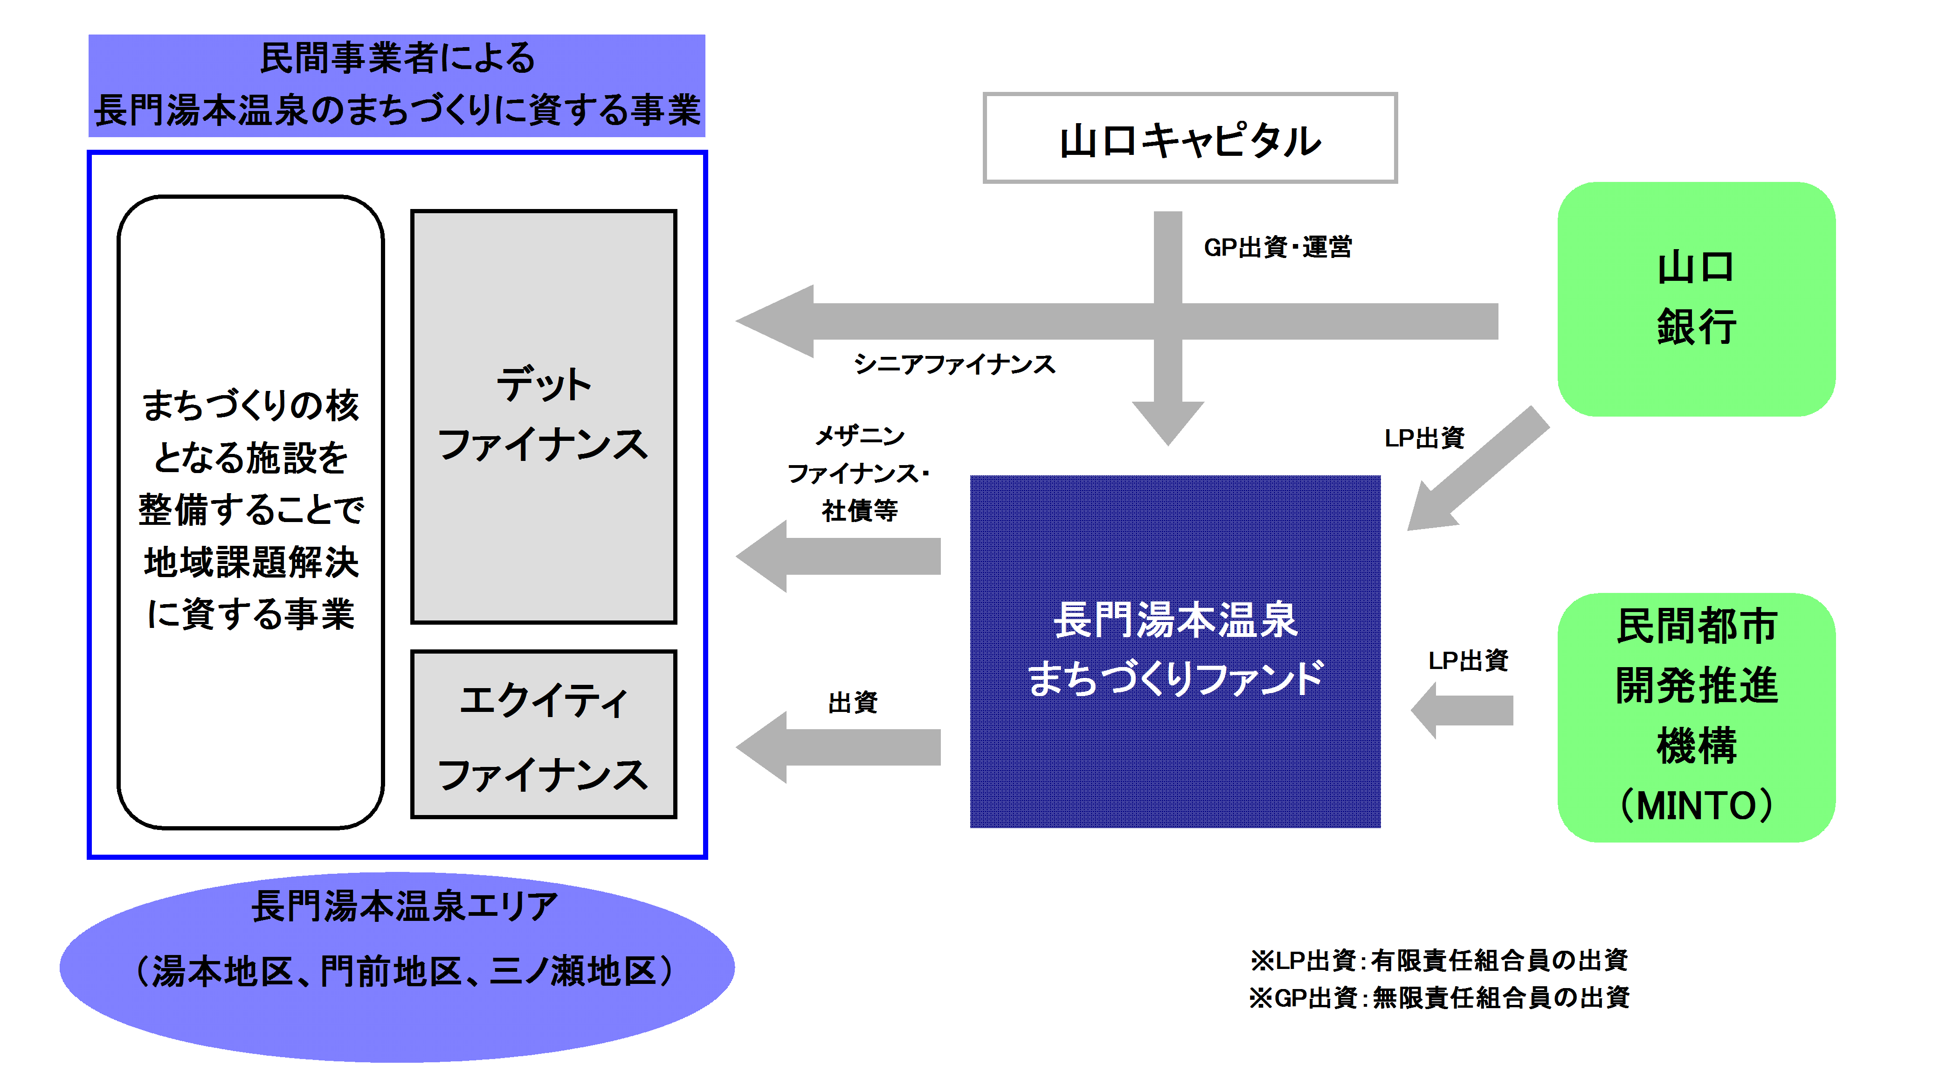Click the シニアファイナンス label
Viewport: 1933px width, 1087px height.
pyautogui.click(x=954, y=364)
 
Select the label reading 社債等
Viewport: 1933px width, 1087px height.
pyautogui.click(x=859, y=510)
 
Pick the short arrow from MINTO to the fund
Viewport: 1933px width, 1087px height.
pyautogui.click(x=1462, y=710)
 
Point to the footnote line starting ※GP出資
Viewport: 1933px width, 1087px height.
pyautogui.click(x=1438, y=998)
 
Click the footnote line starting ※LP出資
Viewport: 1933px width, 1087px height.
pyautogui.click(x=1438, y=960)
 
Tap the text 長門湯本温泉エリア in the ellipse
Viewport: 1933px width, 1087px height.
pyautogui.click(x=405, y=906)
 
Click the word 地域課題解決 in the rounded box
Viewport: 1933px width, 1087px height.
pyautogui.click(x=251, y=562)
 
